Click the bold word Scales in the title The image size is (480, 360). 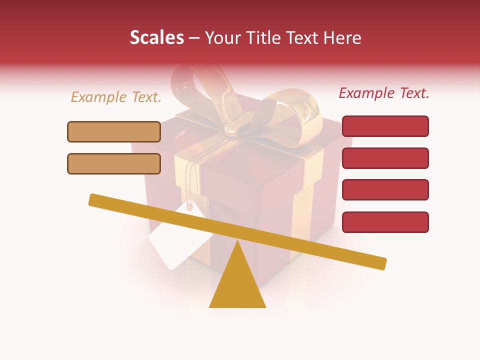tap(156, 37)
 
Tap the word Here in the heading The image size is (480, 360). tap(342, 38)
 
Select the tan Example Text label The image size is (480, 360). tap(116, 97)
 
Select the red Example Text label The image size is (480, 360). tap(384, 93)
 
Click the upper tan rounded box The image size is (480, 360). tap(114, 131)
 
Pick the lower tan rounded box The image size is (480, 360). tap(114, 163)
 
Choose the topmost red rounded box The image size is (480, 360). tap(385, 126)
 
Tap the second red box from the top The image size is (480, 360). tap(385, 158)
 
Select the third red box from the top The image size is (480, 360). tap(385, 189)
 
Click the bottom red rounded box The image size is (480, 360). tap(385, 222)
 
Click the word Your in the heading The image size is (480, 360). tap(222, 38)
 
